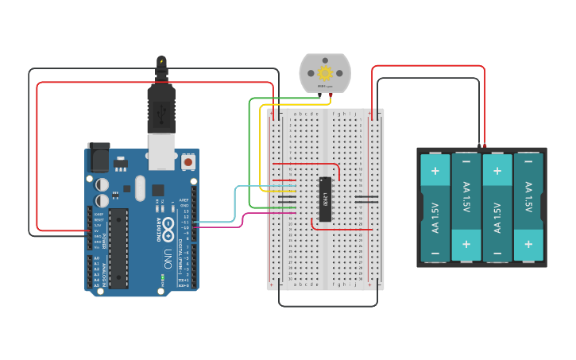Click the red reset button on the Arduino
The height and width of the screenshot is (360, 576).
(188, 162)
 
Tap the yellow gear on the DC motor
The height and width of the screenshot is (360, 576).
(325, 72)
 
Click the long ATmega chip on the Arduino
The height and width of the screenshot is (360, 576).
(118, 247)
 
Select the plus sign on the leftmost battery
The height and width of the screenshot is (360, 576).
(435, 170)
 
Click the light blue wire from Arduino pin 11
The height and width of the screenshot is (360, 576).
(235, 203)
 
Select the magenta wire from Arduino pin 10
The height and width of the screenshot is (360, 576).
(242, 220)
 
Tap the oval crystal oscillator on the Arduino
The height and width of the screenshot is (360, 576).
(141, 188)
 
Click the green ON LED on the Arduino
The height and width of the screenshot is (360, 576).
(162, 278)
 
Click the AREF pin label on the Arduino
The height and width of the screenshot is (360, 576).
(184, 200)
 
